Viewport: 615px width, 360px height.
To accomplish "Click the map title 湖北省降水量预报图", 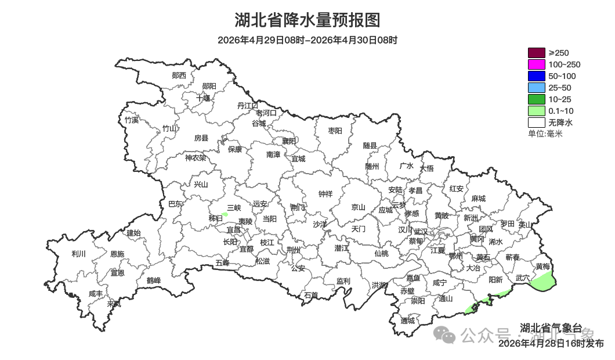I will click(x=307, y=20).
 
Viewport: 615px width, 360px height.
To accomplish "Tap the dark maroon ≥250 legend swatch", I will click(x=536, y=53).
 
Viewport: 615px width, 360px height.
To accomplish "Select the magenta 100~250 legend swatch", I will click(x=536, y=64).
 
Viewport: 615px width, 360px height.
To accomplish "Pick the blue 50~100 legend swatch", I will click(x=536, y=76).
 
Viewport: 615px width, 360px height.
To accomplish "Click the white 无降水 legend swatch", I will click(x=536, y=123).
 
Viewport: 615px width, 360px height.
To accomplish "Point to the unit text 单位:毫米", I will click(x=545, y=134).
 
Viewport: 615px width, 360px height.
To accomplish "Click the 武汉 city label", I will click(x=421, y=232).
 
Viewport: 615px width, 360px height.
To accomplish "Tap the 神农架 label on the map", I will click(x=196, y=158).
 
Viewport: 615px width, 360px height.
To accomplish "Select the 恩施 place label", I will click(x=117, y=254).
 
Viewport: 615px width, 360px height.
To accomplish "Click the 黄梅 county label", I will click(x=543, y=267).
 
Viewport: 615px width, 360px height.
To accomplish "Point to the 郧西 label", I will click(x=179, y=75).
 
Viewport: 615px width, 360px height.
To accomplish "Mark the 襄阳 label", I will click(x=289, y=141).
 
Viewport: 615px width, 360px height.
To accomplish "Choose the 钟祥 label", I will click(x=325, y=194).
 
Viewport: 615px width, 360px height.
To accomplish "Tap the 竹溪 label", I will click(x=132, y=120).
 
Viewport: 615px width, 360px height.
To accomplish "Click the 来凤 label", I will click(x=114, y=303).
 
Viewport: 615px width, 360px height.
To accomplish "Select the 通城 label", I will click(x=408, y=321).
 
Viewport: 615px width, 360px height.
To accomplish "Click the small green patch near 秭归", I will click(x=225, y=214).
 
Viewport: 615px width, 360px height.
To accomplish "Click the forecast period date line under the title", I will click(x=307, y=40).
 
